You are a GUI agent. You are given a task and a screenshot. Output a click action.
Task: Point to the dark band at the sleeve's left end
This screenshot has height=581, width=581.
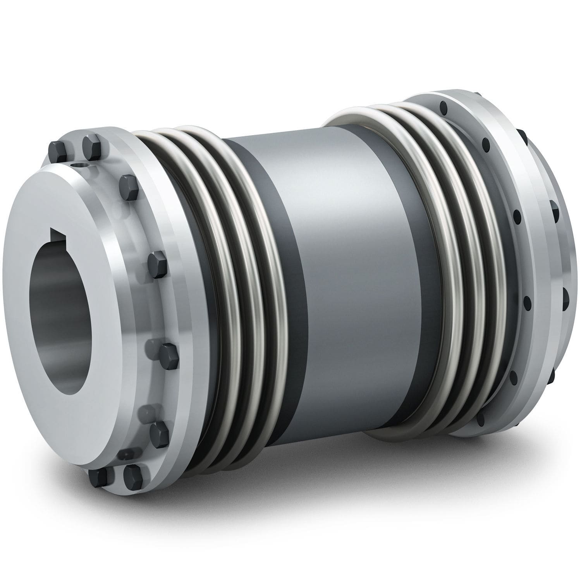267,271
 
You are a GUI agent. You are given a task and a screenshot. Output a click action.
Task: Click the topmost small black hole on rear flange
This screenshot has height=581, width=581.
442,104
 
